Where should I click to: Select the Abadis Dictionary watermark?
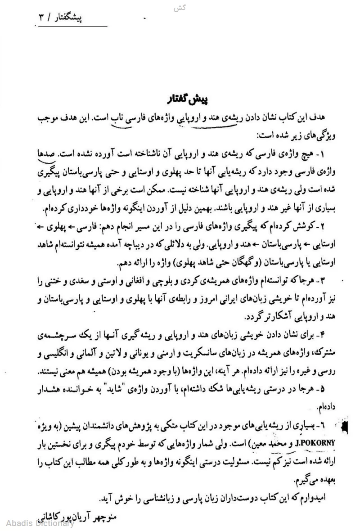(x=40, y=522)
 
